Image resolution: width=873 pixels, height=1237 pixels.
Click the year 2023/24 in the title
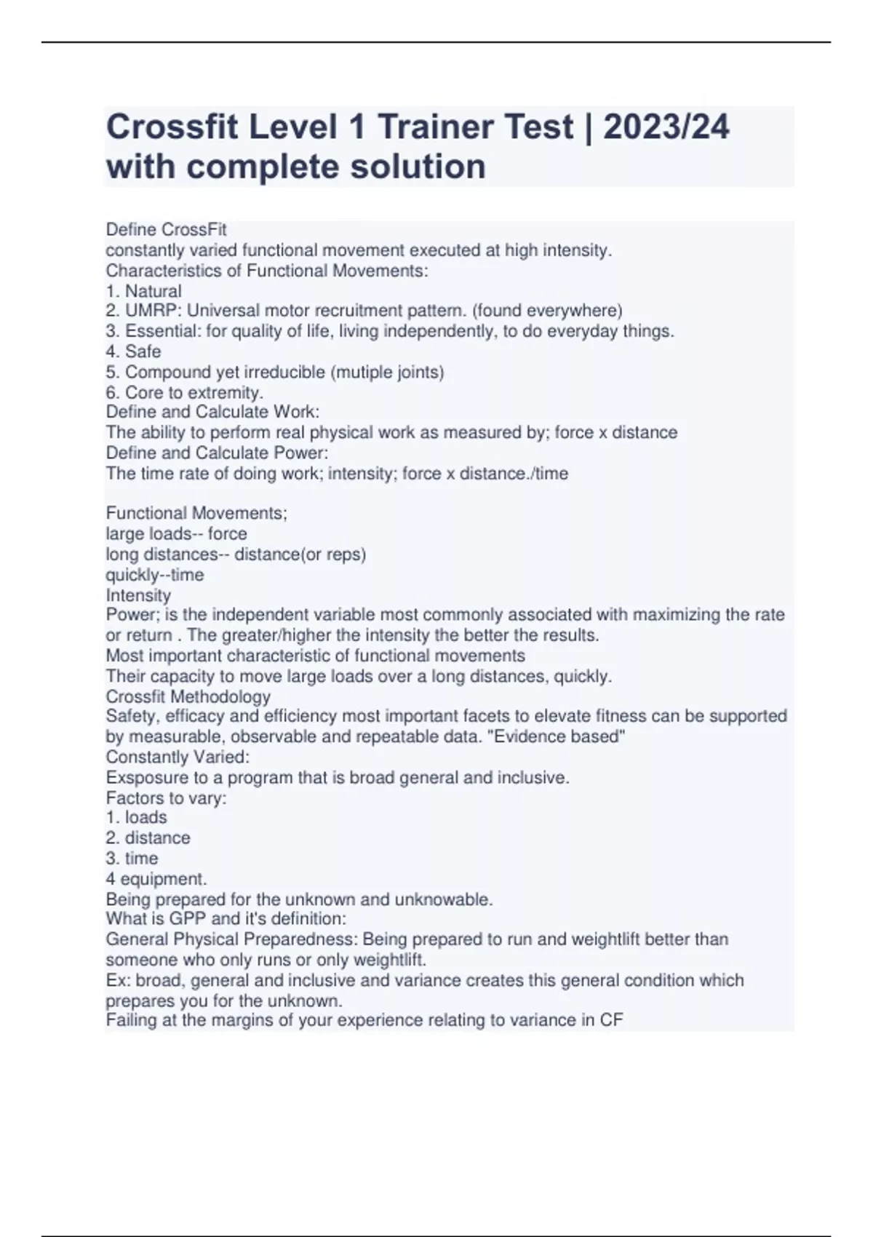click(666, 127)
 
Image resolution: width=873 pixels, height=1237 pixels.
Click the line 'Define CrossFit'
click(167, 230)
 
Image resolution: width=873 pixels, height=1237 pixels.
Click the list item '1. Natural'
click(144, 291)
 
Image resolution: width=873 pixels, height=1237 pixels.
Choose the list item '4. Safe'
click(134, 351)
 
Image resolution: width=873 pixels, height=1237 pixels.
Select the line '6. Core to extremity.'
click(185, 392)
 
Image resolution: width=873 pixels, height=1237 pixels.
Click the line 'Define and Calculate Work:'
click(212, 412)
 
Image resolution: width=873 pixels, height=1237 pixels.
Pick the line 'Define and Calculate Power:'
click(217, 453)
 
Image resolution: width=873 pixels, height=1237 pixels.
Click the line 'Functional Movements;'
click(196, 513)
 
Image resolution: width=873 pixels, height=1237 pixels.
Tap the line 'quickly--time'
click(155, 575)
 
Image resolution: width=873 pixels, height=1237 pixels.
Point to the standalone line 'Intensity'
click(138, 595)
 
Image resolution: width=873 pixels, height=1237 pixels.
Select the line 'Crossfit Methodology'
click(188, 696)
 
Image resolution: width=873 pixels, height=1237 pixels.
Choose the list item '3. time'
click(132, 858)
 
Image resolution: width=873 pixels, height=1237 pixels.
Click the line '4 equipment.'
click(156, 878)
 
